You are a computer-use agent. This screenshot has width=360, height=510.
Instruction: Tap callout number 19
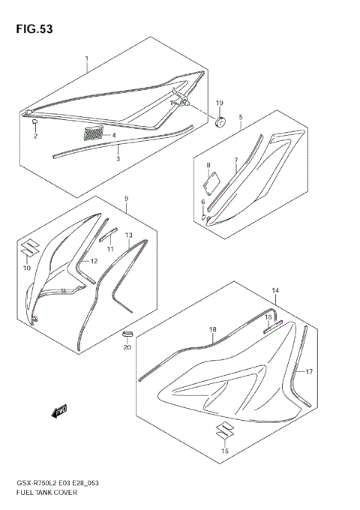pyautogui.click(x=220, y=103)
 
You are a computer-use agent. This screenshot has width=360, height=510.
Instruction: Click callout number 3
pyautogui.click(x=118, y=159)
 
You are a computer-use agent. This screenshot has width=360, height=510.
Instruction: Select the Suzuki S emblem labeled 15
pyautogui.click(x=224, y=430)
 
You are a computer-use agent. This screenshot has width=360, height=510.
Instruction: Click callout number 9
pyautogui.click(x=127, y=199)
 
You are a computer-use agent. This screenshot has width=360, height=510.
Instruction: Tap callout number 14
pyautogui.click(x=274, y=290)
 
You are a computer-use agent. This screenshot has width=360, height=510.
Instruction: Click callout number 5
pyautogui.click(x=240, y=118)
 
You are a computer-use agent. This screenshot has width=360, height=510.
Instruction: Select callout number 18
pyautogui.click(x=212, y=330)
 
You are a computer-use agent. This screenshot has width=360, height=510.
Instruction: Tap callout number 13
pyautogui.click(x=128, y=235)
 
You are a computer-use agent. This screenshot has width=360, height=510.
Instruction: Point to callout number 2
pyautogui.click(x=34, y=137)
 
